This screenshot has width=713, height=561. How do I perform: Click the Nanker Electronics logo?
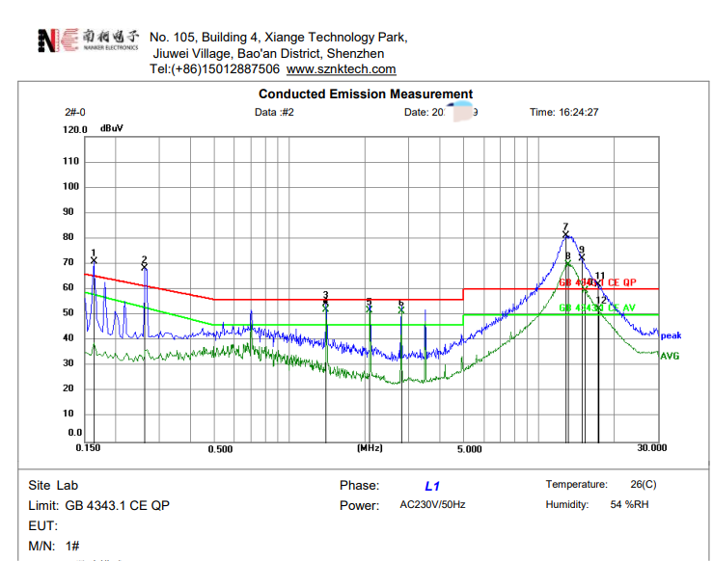pyautogui.click(x=87, y=40)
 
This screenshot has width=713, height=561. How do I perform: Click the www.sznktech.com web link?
pyautogui.click(x=341, y=69)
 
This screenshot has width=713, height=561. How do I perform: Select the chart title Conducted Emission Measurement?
pyautogui.click(x=366, y=93)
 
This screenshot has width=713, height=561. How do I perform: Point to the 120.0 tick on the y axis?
pyautogui.click(x=74, y=129)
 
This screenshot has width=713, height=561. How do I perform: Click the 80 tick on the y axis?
pyautogui.click(x=69, y=237)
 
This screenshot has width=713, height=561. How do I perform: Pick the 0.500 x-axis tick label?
pyautogui.click(x=220, y=449)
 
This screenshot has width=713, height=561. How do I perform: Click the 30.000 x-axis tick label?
pyautogui.click(x=651, y=448)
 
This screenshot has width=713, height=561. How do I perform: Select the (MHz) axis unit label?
pyautogui.click(x=370, y=448)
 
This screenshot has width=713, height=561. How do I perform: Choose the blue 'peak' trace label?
pyautogui.click(x=671, y=335)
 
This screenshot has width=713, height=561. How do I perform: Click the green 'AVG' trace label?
pyautogui.click(x=670, y=356)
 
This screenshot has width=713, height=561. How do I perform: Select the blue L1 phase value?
pyautogui.click(x=432, y=487)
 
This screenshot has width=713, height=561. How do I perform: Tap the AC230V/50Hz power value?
pyautogui.click(x=432, y=505)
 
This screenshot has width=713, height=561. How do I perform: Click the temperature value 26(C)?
pyautogui.click(x=643, y=485)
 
